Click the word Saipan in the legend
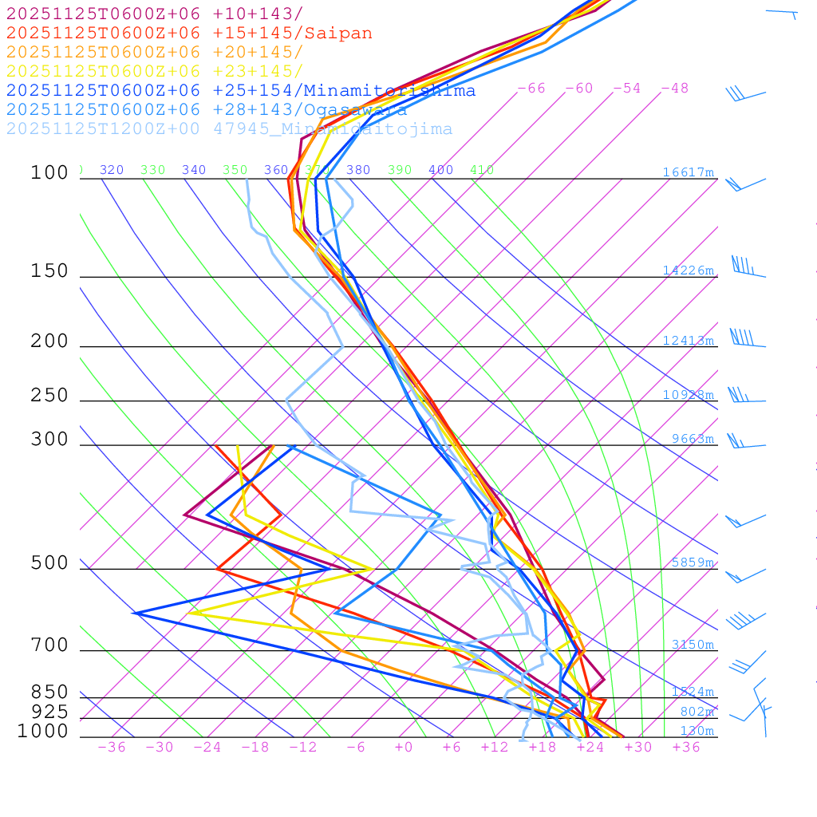(337, 34)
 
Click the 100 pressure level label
(49, 172)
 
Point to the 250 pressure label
(49, 396)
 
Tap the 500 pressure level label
(49, 563)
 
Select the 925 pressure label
(49, 711)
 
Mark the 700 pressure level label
(49, 645)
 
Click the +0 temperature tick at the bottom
(404, 748)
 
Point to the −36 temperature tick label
(111, 748)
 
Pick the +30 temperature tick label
(637, 748)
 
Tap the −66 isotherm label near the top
(531, 89)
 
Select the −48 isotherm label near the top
(674, 89)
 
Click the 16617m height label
(688, 172)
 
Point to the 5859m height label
(693, 562)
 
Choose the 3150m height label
(693, 645)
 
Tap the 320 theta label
(112, 170)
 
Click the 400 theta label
(441, 170)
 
